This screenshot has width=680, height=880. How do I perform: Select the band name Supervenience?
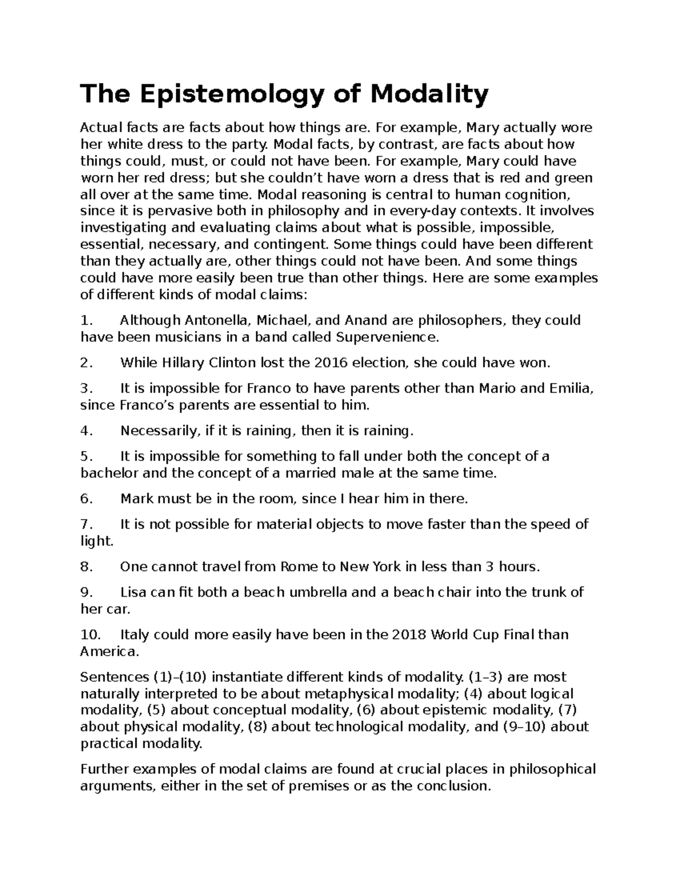pyautogui.click(x=387, y=338)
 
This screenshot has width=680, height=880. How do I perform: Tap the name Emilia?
pyautogui.click(x=571, y=389)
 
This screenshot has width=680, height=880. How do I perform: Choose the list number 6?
pyautogui.click(x=86, y=499)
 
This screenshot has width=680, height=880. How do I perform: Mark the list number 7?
pyautogui.click(x=86, y=525)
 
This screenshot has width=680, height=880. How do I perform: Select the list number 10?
pyautogui.click(x=90, y=635)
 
